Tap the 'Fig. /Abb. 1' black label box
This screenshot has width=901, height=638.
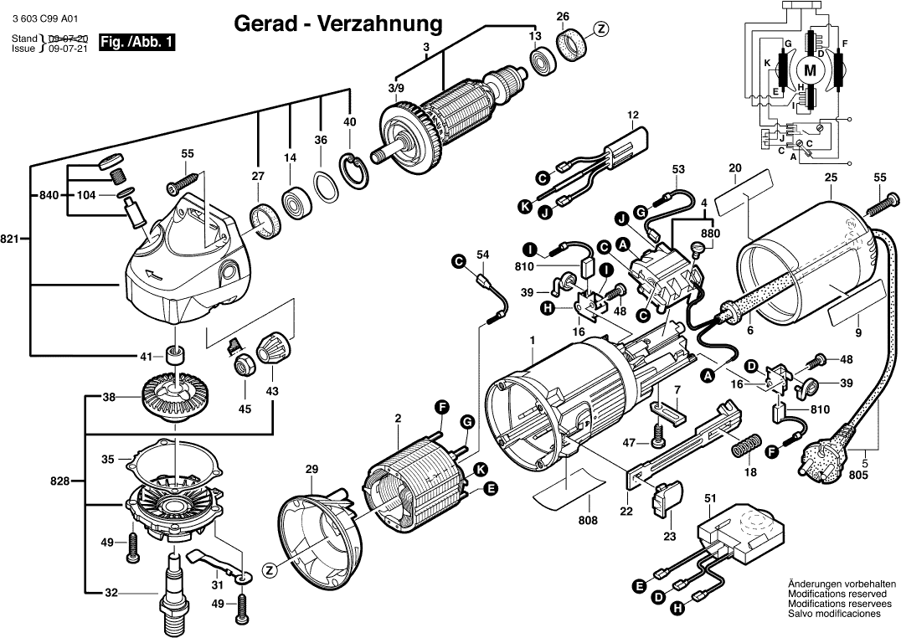(x=137, y=42)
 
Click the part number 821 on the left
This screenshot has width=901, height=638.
(x=10, y=239)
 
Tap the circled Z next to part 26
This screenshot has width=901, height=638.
(x=600, y=28)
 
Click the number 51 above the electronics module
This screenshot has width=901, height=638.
(x=710, y=499)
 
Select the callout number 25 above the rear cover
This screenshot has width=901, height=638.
(x=831, y=178)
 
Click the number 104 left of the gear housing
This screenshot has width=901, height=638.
(x=86, y=194)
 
